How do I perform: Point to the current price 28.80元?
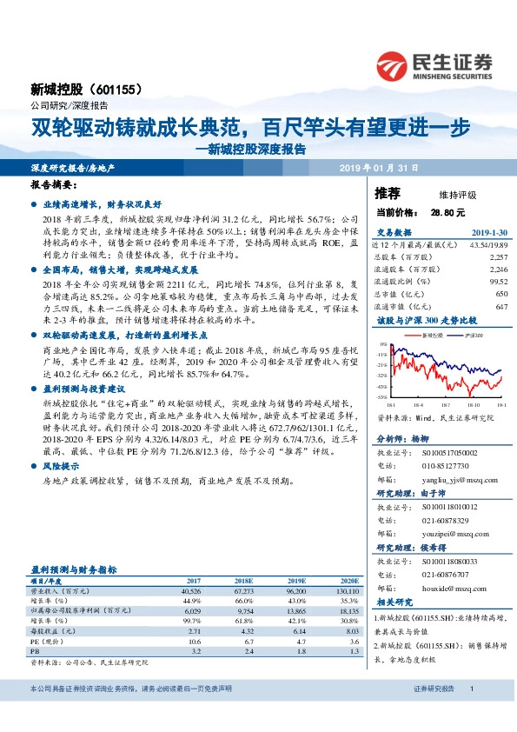pyautogui.click(x=447, y=211)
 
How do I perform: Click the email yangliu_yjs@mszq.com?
pyautogui.click(x=449, y=479)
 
